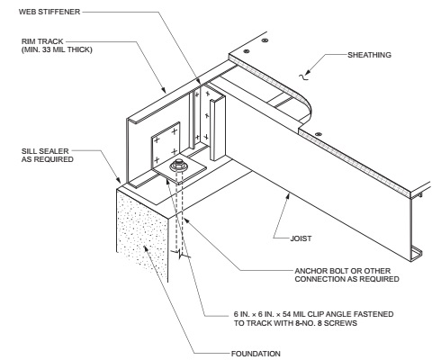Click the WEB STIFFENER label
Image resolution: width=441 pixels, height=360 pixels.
coord(49,12)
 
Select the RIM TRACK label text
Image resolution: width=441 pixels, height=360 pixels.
coord(42,41)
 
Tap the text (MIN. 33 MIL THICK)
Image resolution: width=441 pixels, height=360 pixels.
coord(57,49)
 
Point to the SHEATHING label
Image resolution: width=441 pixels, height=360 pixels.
coord(369,55)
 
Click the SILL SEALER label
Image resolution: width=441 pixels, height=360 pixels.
coord(45,151)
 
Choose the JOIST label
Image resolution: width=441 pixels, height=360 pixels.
coord(301,238)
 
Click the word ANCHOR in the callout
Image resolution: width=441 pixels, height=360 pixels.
coord(310,271)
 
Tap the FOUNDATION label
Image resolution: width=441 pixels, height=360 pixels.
coord(256,354)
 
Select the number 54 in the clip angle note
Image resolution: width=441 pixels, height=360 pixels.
coord(287,314)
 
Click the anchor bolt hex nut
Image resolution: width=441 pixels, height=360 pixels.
coord(178,164)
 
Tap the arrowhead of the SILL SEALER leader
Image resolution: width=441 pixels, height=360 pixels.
coord(119,180)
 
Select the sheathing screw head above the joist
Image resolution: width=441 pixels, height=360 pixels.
coord(319,134)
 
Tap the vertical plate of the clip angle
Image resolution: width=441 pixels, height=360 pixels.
coord(166,144)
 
